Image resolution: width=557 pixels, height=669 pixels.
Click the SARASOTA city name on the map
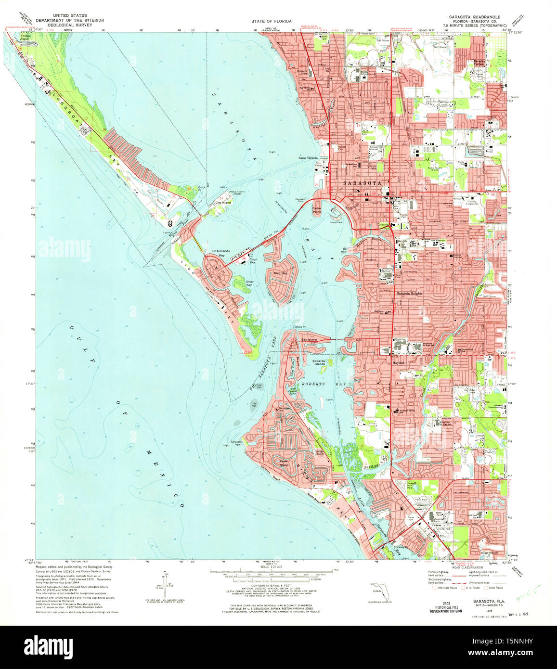pos(362,183)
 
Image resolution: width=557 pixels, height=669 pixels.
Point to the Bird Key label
pos(280,273)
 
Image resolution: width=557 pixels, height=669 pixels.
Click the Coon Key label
pos(253,262)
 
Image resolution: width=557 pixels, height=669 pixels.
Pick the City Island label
pos(223,203)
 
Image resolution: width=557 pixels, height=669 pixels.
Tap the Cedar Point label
pos(316,210)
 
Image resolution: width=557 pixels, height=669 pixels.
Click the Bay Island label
pos(309,340)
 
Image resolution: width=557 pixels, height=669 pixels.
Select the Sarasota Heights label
pos(409,293)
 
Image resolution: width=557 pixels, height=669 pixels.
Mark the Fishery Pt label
pos(300,327)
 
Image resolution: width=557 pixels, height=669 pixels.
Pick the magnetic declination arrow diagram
pos(166,582)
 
